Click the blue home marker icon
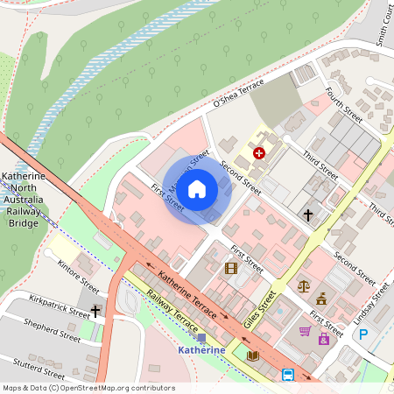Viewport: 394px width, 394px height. coord(197,189)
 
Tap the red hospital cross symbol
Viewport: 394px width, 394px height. coord(259,153)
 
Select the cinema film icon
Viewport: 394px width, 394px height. coord(231,268)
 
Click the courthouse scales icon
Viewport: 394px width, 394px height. coord(304,285)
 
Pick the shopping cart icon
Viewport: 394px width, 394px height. coord(305,331)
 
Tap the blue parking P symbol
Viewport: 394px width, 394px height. coord(362,334)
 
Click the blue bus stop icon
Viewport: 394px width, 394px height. coord(287,375)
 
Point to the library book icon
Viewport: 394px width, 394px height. coord(253,355)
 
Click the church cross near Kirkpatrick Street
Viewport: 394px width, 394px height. coord(95,311)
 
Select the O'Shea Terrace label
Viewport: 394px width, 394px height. coord(238,94)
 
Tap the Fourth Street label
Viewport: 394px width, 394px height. coord(343,104)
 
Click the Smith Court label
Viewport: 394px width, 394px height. coord(383,25)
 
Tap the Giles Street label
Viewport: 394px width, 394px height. coord(261,311)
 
